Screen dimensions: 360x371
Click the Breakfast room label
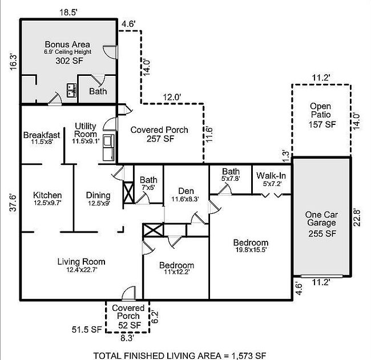(x=41, y=135)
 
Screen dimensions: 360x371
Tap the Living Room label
(x=81, y=262)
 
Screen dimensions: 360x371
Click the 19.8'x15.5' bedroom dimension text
(x=250, y=250)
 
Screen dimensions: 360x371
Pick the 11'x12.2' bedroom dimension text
(x=176, y=272)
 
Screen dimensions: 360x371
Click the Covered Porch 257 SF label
(x=159, y=134)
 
